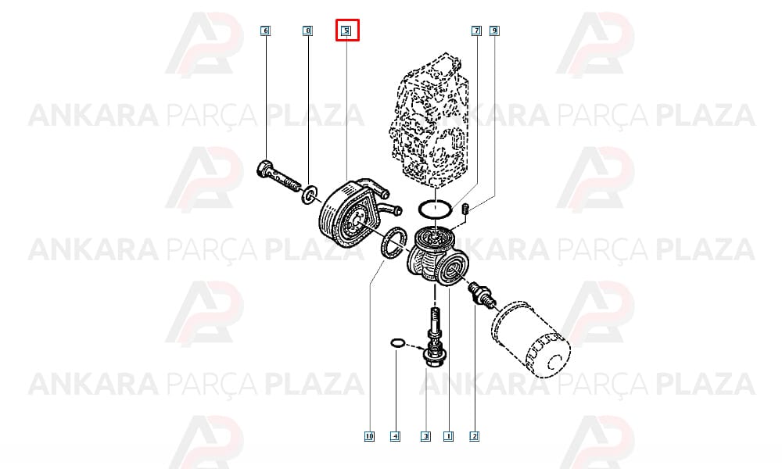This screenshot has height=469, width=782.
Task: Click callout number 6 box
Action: click(265, 31)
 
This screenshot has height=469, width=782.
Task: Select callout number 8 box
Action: click(307, 31)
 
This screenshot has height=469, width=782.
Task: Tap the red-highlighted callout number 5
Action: click(346, 31)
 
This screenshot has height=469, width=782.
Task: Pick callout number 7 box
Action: click(476, 31)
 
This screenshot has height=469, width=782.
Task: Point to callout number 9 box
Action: click(494, 31)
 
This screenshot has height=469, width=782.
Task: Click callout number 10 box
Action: click(369, 437)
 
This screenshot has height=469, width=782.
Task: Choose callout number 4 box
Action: click(395, 437)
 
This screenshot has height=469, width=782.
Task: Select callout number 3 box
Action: click(425, 437)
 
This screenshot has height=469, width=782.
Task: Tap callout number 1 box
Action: click(448, 437)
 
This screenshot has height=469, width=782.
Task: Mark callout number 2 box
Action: click(475, 437)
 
